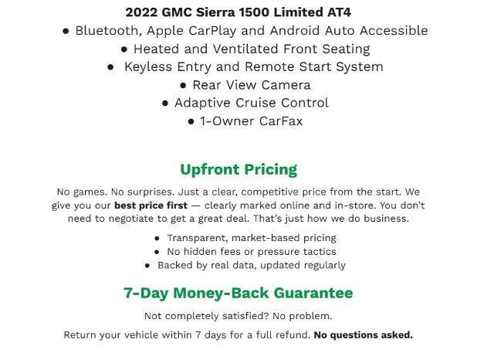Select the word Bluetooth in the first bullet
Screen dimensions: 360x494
point(108,31)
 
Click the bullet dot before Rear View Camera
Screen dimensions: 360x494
point(183,85)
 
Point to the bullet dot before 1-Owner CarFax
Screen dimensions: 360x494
point(191,121)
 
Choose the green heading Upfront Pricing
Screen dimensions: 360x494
point(239,169)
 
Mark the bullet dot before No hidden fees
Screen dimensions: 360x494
point(157,252)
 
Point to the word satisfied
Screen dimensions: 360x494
point(231,316)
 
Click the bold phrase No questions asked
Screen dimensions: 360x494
point(364,335)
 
